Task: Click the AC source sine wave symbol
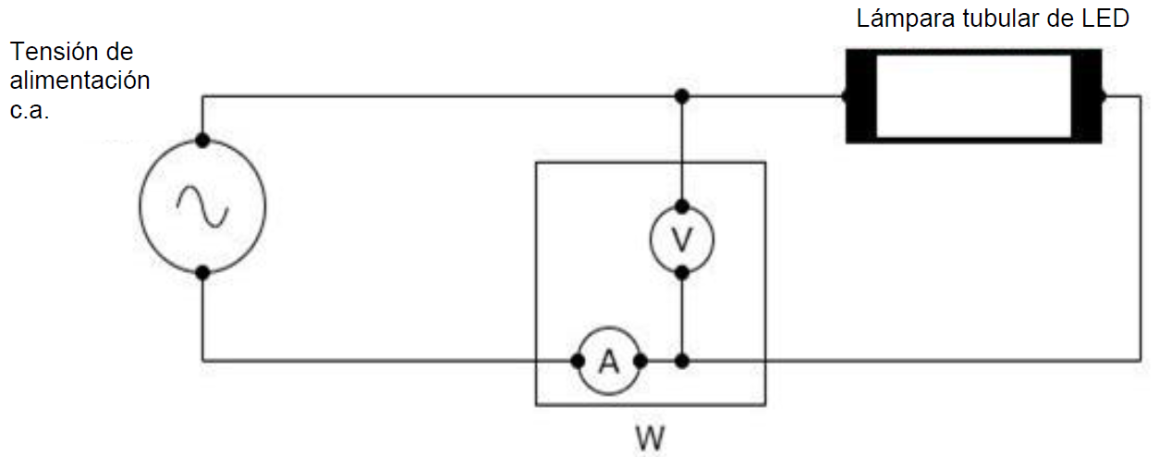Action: point(202,205)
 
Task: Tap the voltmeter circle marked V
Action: point(682,239)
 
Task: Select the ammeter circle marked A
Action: point(607,361)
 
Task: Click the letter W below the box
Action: point(650,434)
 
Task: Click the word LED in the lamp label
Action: point(1106,19)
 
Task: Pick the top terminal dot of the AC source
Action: point(202,142)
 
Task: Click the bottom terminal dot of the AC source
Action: point(202,272)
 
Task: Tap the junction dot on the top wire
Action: point(682,95)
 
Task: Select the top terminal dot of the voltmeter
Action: point(682,206)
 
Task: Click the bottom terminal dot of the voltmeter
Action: point(682,273)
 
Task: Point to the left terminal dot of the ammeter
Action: point(576,361)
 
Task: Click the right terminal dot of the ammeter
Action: point(640,361)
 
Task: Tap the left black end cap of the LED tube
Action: point(860,95)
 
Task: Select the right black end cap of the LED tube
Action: point(1087,95)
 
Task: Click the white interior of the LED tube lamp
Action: point(973,95)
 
